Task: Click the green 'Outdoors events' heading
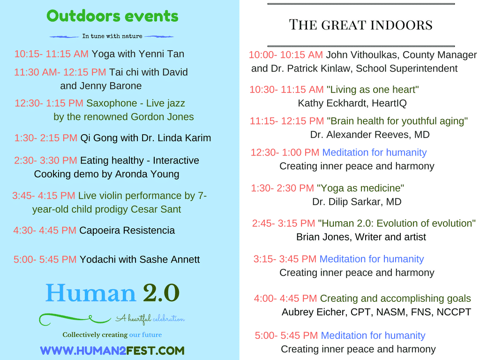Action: (112, 16)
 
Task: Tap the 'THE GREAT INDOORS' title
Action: (361, 25)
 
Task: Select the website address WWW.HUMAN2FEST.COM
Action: (112, 351)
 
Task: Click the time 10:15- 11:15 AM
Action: (52, 54)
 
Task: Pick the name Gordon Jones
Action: (162, 117)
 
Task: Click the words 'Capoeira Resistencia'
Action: (127, 230)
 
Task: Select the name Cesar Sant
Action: (156, 209)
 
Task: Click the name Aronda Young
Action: (147, 174)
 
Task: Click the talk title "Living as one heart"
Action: (373, 90)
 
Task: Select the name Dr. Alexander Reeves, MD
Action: (370, 135)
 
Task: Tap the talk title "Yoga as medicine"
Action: (360, 188)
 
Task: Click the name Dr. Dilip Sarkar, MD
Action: (357, 202)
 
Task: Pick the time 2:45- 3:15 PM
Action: (284, 223)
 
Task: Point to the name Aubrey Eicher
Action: (315, 312)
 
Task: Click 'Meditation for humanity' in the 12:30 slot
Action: (375, 152)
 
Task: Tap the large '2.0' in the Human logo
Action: (161, 293)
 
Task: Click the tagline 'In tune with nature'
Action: (112, 36)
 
